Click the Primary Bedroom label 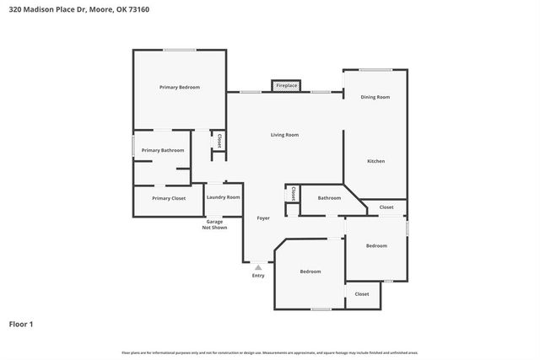pyautogui.click(x=180, y=87)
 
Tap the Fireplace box pyautogui.click(x=287, y=85)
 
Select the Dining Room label pyautogui.click(x=375, y=97)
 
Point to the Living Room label pyautogui.click(x=284, y=135)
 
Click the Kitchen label pyautogui.click(x=375, y=160)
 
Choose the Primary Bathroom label pyautogui.click(x=163, y=150)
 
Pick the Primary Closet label pyautogui.click(x=169, y=198)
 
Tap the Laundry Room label pyautogui.click(x=223, y=197)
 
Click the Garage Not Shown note pyautogui.click(x=214, y=224)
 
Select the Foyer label pyautogui.click(x=263, y=218)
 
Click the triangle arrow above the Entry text pyautogui.click(x=258, y=267)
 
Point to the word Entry pyautogui.click(x=258, y=276)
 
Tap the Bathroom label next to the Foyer pyautogui.click(x=329, y=198)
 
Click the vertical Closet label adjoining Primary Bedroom pyautogui.click(x=219, y=141)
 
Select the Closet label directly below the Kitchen pyautogui.click(x=386, y=207)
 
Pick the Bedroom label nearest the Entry pyautogui.click(x=310, y=271)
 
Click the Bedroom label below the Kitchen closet pyautogui.click(x=376, y=245)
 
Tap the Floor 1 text pyautogui.click(x=21, y=324)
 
